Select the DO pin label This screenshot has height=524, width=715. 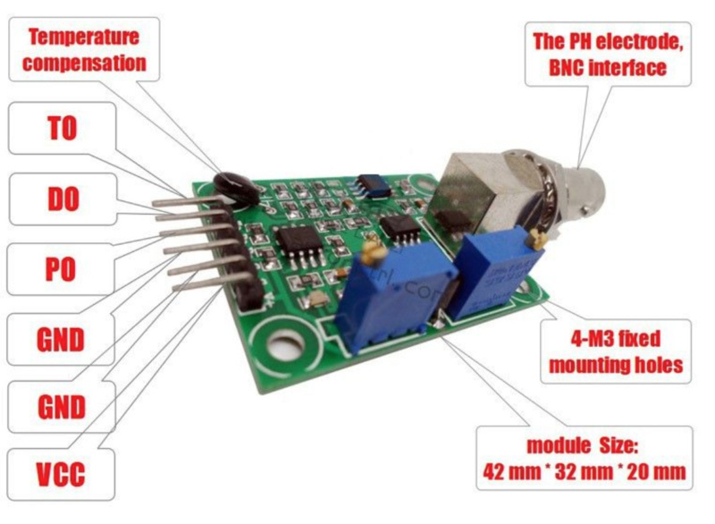[62, 198]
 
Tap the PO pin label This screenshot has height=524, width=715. [62, 269]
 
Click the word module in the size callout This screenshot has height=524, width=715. [535, 445]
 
